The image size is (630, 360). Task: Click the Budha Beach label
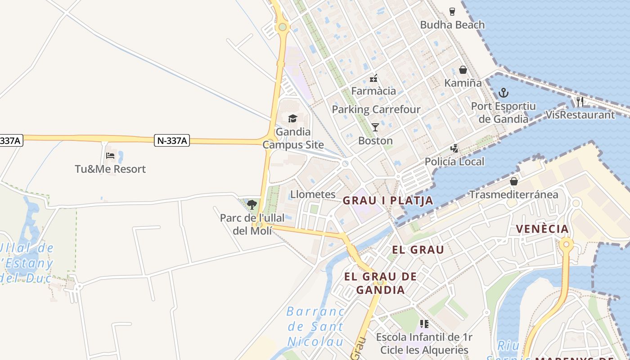coord(452,25)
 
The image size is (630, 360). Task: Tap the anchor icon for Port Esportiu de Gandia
coord(504,93)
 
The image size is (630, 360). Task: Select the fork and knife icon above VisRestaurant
coord(580,102)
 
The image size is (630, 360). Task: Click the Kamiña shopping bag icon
coord(463,70)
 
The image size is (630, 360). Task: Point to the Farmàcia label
coord(373,91)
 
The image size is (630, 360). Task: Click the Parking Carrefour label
coord(376,109)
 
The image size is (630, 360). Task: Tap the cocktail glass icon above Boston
coord(375,127)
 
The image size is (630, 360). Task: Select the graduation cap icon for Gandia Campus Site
coord(293,118)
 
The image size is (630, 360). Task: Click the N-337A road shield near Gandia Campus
coord(172,140)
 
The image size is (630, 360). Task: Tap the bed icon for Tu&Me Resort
coord(110,156)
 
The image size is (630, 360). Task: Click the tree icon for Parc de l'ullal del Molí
coord(252,205)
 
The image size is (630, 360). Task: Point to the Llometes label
coord(313,194)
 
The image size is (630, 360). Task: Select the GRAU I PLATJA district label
coord(388,201)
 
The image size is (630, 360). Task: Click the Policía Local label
coord(454,162)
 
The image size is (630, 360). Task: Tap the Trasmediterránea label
coord(513,194)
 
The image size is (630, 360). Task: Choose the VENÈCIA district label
coord(542,229)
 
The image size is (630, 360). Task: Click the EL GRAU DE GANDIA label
coord(381,283)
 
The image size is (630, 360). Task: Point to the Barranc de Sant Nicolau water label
coord(315,326)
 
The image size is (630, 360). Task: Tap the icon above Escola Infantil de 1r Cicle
coord(424,324)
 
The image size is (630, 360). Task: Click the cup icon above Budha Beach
coord(452,12)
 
